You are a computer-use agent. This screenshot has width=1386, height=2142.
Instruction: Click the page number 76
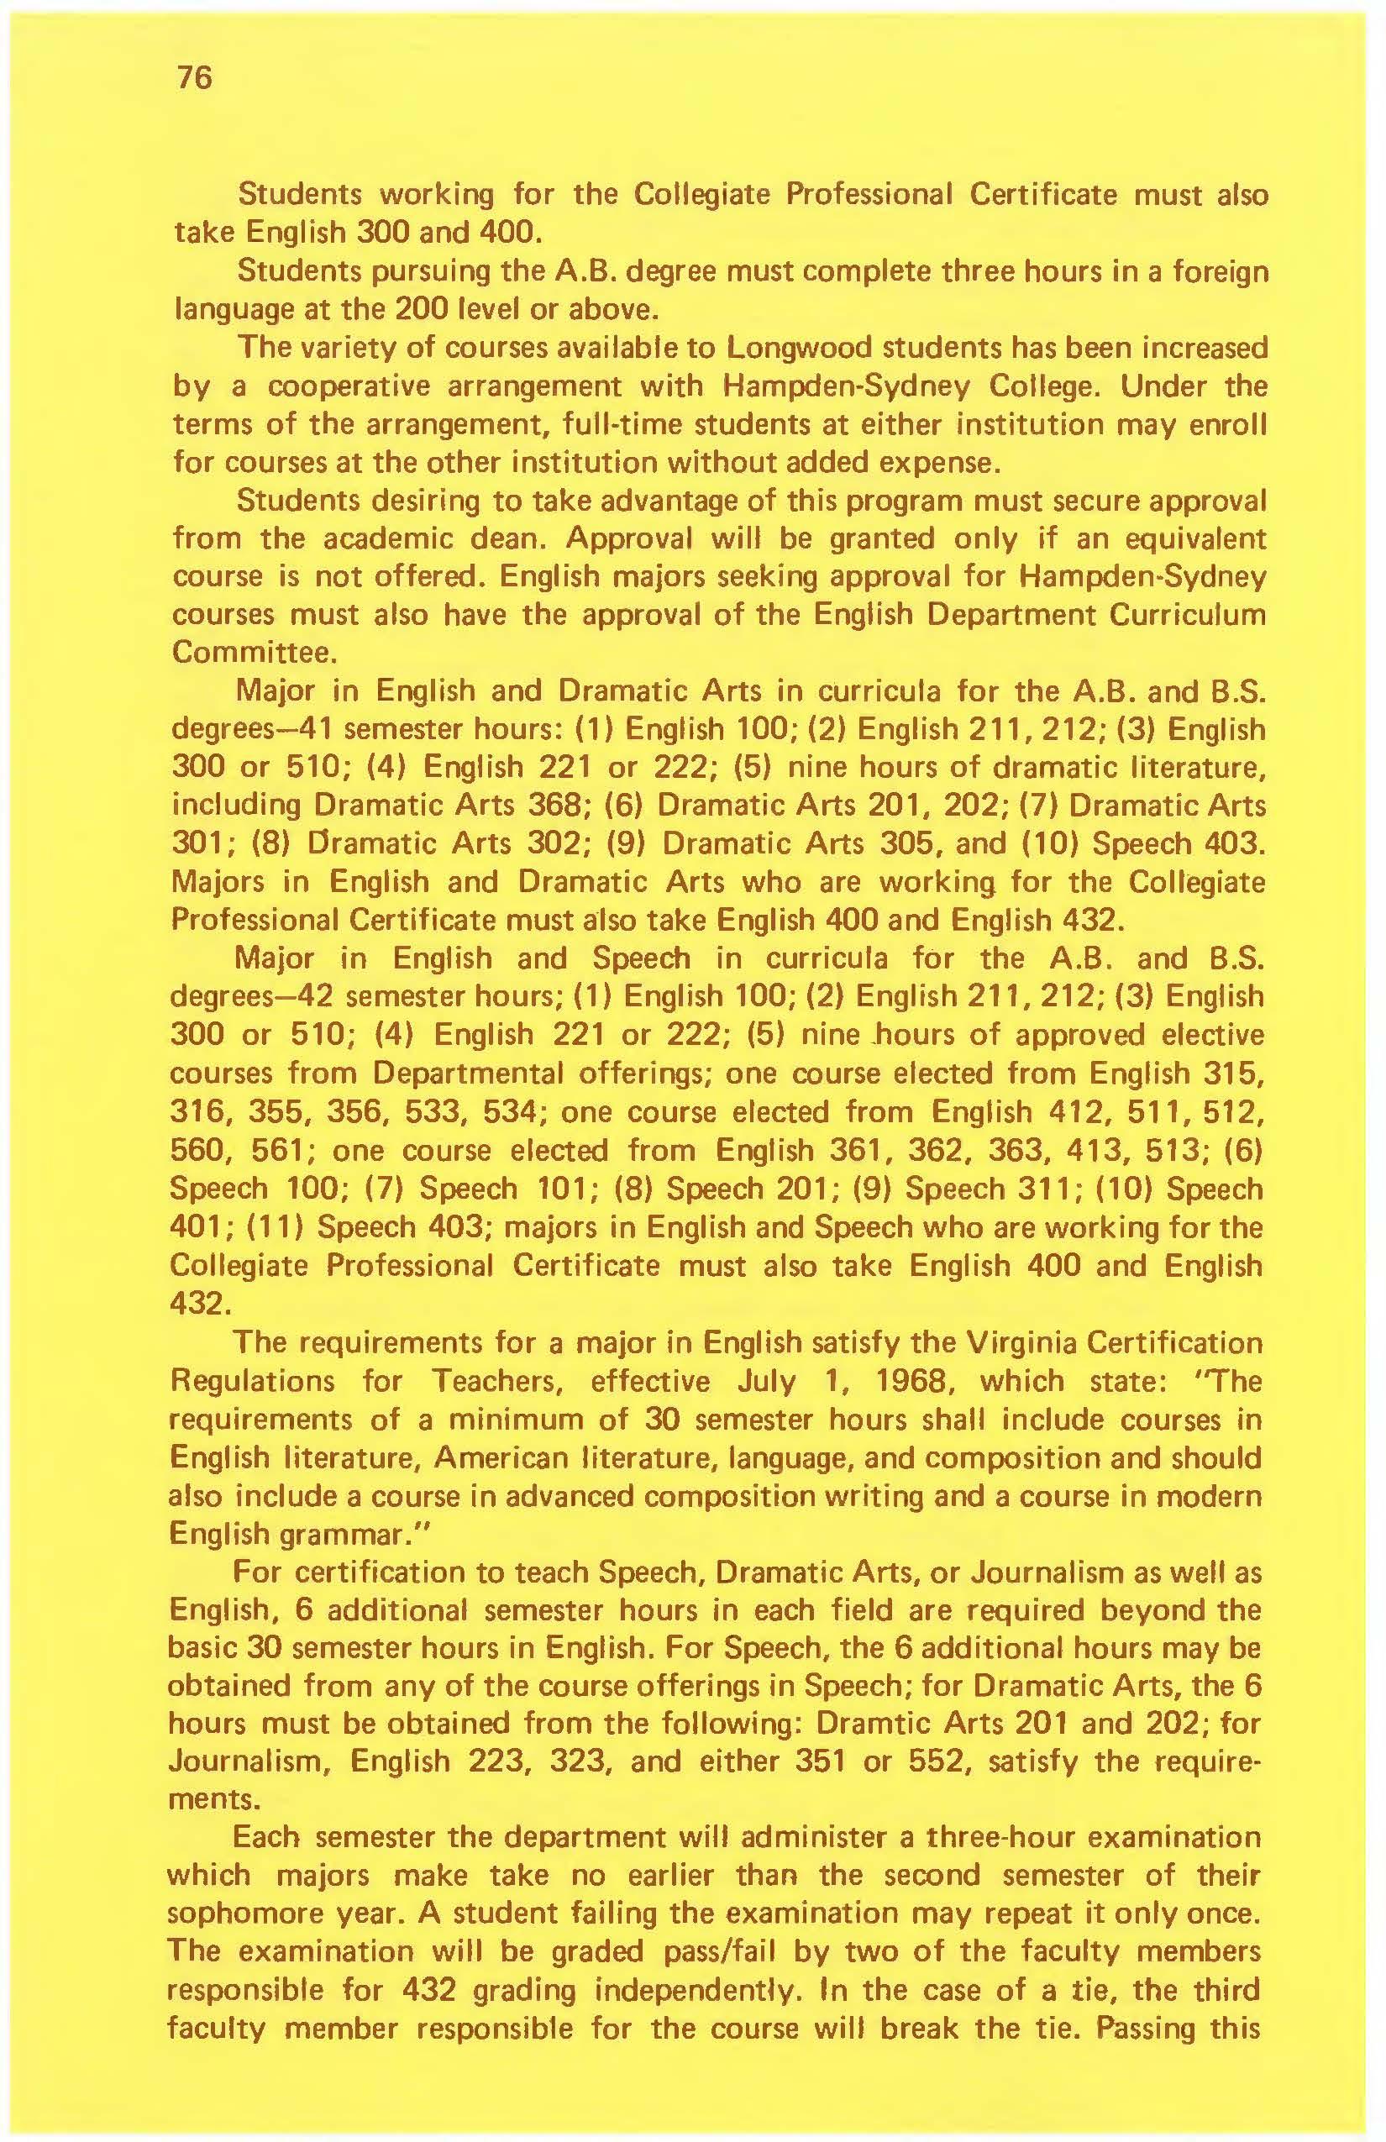[x=194, y=79]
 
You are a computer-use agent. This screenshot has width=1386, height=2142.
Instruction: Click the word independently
[x=697, y=1989]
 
